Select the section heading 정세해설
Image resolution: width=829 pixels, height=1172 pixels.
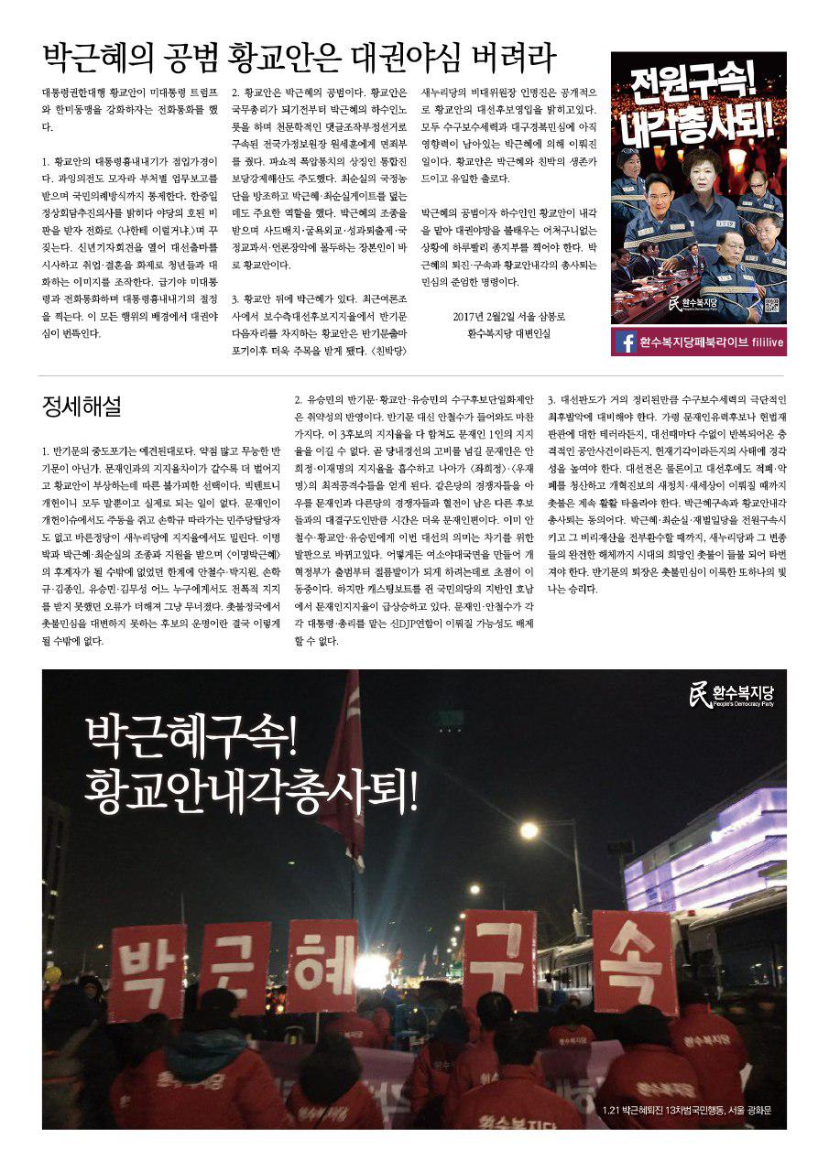(x=82, y=405)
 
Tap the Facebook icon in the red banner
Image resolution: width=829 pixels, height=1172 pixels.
(x=627, y=342)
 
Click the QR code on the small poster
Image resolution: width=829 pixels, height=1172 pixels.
(x=770, y=307)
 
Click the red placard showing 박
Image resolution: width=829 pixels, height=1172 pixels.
(x=147, y=973)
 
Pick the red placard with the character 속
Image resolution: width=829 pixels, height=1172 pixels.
(x=634, y=961)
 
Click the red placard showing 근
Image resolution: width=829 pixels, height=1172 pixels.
(x=235, y=969)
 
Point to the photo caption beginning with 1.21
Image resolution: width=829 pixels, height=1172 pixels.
(x=688, y=1113)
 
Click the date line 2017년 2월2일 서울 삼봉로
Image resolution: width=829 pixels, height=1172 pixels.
(x=508, y=318)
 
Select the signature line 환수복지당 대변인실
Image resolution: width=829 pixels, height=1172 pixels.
(x=508, y=334)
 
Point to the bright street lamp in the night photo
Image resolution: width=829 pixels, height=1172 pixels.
(x=529, y=830)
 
